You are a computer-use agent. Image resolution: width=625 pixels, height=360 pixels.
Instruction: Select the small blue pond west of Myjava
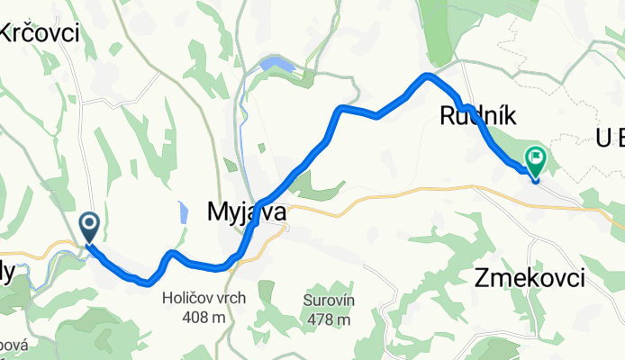pyautogui.click(x=184, y=213)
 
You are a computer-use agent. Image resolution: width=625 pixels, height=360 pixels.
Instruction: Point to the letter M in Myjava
pyautogui.click(x=218, y=212)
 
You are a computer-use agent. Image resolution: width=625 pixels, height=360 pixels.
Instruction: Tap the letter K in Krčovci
pyautogui.click(x=8, y=34)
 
